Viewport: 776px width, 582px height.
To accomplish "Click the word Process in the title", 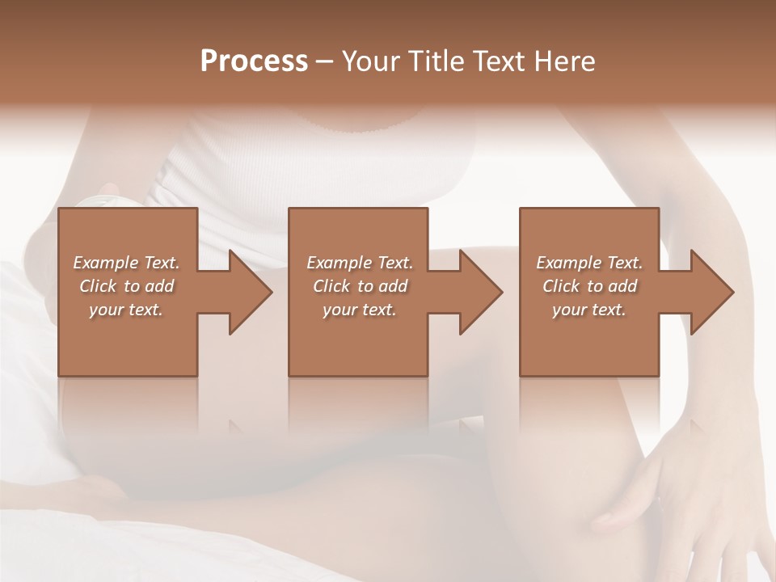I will click(254, 61).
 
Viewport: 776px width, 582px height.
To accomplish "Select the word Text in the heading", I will click(500, 61).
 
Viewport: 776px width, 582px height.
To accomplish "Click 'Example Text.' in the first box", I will click(126, 263).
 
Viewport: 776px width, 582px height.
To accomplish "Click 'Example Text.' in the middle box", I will click(359, 263).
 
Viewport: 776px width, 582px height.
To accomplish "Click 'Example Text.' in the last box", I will click(589, 263).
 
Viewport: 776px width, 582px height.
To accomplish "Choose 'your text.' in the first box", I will click(126, 310).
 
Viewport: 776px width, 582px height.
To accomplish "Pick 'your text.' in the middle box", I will click(359, 310).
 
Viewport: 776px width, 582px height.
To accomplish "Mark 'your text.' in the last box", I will click(589, 310).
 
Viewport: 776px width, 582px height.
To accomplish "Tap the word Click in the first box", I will click(98, 286).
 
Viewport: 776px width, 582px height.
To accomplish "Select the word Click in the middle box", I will click(331, 286).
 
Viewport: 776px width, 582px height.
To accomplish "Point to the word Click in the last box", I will click(561, 286).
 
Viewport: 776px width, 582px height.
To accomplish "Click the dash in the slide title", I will click(325, 62).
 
